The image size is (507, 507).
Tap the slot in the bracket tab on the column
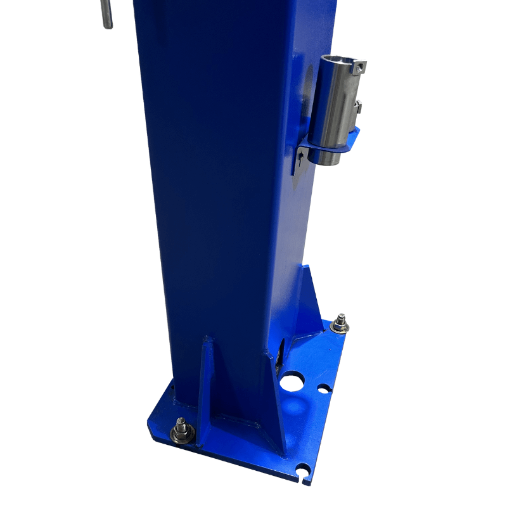coord(297,166)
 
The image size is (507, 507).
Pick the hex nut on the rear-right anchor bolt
coord(340,324)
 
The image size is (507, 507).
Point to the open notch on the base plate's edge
coord(306,471)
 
